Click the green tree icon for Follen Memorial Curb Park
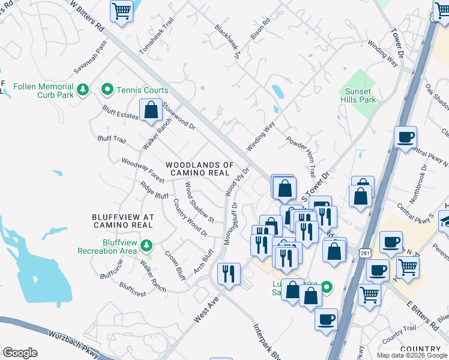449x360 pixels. click(x=83, y=90)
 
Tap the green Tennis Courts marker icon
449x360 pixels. click(x=107, y=90)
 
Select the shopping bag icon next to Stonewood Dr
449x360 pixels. click(x=151, y=110)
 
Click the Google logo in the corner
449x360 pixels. click(x=19, y=352)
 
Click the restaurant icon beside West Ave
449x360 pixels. click(x=228, y=274)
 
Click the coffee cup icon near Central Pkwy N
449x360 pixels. click(x=406, y=137)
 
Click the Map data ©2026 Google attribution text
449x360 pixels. click(x=412, y=355)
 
